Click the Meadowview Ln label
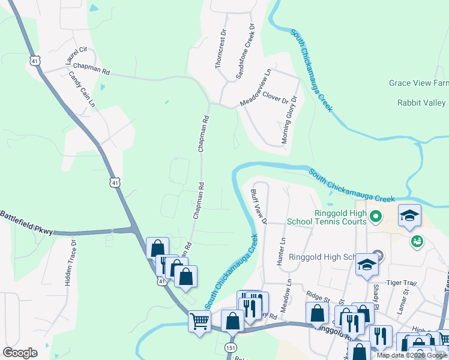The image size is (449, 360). [256, 88]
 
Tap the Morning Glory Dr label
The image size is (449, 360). [289, 120]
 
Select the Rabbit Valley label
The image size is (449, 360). [421, 103]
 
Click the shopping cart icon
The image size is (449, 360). [199, 320]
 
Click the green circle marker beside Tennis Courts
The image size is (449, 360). [376, 216]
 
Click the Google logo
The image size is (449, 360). [20, 353]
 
